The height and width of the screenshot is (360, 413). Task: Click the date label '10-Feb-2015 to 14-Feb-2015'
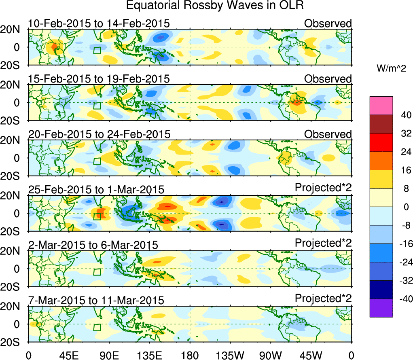[99, 23]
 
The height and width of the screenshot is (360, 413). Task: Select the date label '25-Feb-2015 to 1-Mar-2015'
[96, 189]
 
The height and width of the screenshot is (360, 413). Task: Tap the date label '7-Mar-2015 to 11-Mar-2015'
[96, 301]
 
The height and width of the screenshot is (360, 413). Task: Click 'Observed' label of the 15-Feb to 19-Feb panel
[328, 79]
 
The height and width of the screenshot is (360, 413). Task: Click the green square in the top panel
[97, 51]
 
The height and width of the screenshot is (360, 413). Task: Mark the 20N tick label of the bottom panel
[13, 307]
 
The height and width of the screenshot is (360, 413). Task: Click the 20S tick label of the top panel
[13, 65]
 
